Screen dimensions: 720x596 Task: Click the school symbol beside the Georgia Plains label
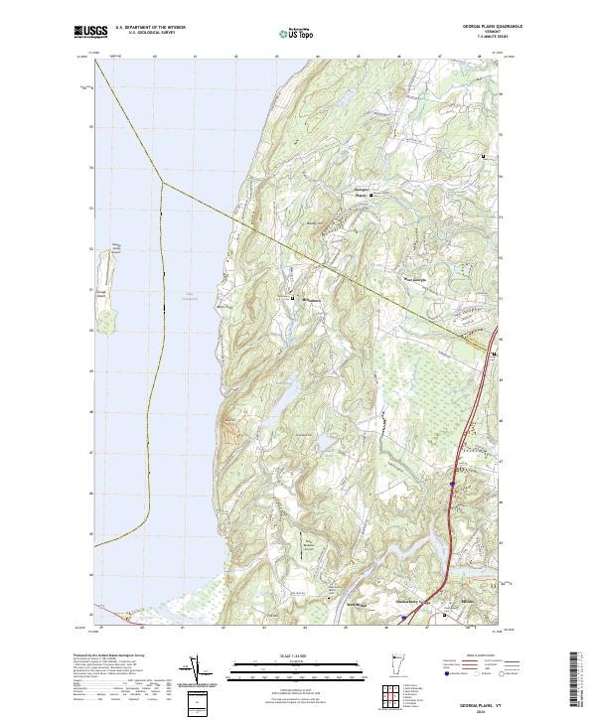[x=372, y=196]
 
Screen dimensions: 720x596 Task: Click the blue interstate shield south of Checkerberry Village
[x=402, y=617]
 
